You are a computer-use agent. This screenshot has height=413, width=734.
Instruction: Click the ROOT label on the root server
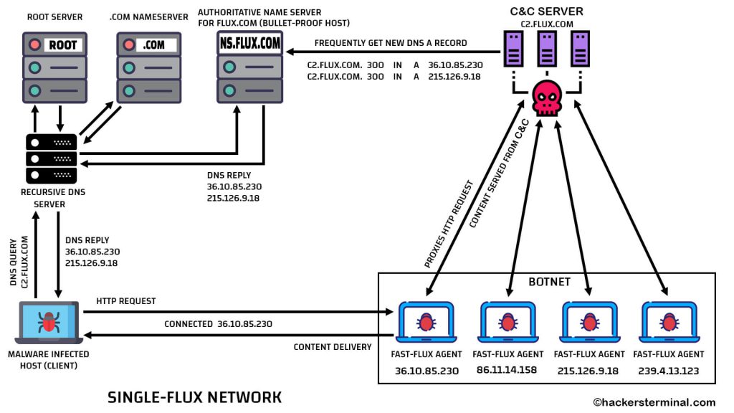(62, 44)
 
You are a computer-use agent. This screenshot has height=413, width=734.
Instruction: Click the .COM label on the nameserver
(153, 44)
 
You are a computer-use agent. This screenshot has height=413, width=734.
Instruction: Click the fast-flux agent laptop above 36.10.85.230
(426, 322)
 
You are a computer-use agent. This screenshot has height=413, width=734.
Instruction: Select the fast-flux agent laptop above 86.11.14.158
(507, 322)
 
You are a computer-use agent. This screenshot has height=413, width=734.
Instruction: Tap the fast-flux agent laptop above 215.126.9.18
(588, 322)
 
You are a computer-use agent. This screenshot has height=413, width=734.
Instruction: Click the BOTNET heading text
(549, 282)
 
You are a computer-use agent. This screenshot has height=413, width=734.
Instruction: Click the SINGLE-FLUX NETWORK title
(194, 397)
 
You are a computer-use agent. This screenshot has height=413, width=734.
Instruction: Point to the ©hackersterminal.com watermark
(654, 402)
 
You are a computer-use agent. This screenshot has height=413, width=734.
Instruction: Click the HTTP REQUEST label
(126, 301)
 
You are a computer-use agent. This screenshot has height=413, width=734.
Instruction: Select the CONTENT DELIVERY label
(333, 347)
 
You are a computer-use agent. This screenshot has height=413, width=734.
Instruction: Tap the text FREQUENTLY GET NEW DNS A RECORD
(391, 43)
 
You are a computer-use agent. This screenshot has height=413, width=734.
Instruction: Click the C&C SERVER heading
(547, 11)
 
